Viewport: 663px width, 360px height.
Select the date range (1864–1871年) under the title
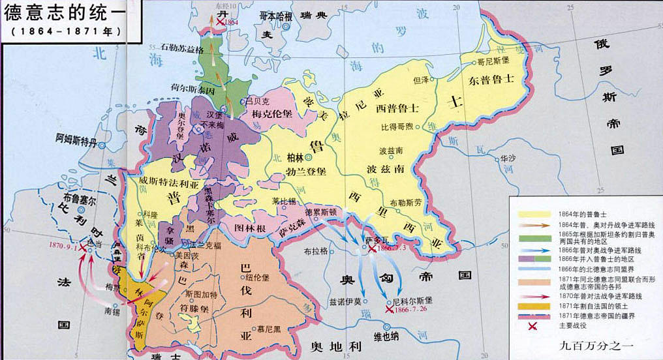point(61,31)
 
